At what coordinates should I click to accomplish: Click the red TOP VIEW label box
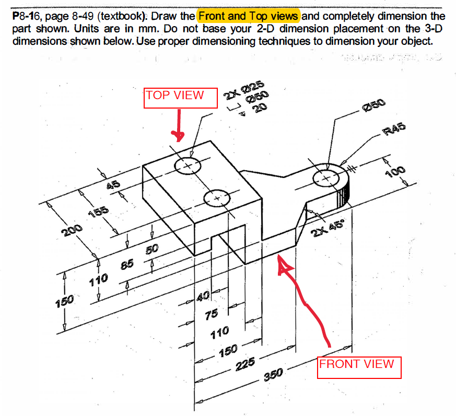181,98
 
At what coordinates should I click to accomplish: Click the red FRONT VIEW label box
359,367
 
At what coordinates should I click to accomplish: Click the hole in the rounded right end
326,178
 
